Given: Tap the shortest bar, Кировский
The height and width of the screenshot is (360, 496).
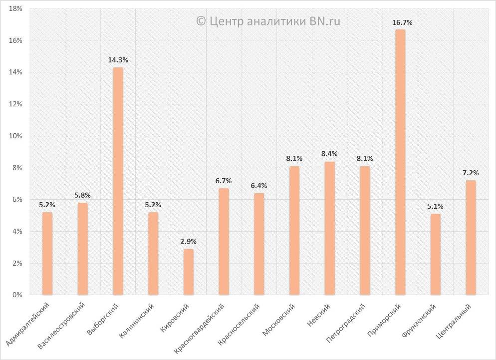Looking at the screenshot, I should click(x=188, y=272).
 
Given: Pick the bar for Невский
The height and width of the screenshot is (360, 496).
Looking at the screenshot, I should click(x=330, y=228).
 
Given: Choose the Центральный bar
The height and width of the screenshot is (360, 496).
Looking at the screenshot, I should click(x=471, y=238).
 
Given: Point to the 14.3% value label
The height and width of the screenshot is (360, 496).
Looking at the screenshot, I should click(x=118, y=60).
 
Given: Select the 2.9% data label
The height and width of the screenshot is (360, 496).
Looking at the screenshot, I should click(x=188, y=242).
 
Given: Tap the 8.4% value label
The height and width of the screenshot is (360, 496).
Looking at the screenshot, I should click(x=330, y=154).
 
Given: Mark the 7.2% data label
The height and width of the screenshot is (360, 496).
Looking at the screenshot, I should click(x=471, y=173).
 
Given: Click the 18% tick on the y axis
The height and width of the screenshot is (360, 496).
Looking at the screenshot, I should click(x=15, y=9).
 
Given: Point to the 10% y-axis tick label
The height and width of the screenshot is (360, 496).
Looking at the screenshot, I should click(x=15, y=136).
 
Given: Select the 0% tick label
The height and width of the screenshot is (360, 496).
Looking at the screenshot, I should click(x=17, y=295).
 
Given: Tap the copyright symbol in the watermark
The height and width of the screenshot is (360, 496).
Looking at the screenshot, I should click(x=201, y=21).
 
